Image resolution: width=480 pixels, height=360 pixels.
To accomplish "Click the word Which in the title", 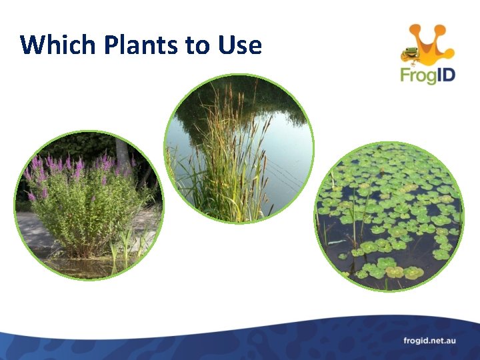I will [59, 45].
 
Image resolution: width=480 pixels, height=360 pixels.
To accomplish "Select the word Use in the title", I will [239, 45].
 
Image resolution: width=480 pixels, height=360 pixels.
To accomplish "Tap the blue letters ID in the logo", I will [444, 73].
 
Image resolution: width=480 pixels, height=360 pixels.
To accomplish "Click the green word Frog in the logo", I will [416, 74].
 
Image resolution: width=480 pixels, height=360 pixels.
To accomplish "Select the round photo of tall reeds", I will [238, 148].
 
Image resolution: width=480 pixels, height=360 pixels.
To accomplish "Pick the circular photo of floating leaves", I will [389, 217].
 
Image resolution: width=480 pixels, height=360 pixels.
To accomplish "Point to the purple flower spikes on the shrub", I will [73, 167].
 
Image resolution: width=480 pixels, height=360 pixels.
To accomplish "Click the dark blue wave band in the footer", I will [200, 343].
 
